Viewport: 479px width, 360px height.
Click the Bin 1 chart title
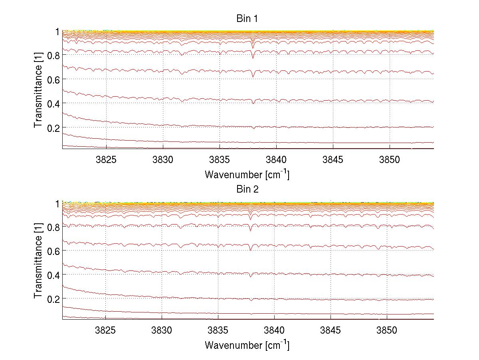(x=247, y=19)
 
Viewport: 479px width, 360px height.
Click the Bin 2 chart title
(x=247, y=189)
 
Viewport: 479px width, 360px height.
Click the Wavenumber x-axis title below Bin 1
(x=247, y=174)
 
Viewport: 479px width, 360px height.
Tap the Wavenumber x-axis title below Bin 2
(x=247, y=345)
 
